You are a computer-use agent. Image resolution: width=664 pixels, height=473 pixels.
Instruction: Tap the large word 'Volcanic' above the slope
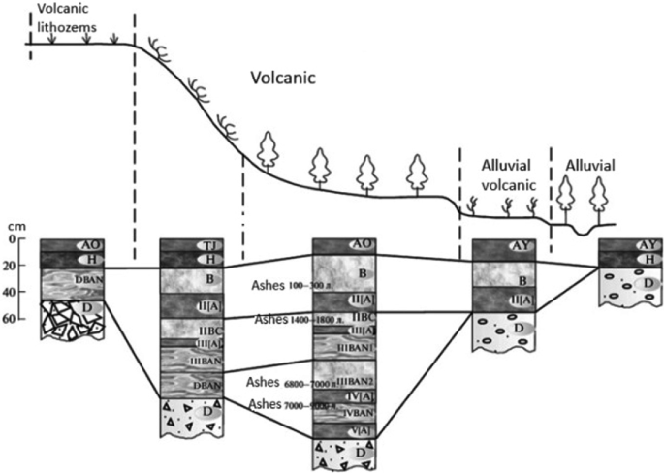click(x=282, y=78)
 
